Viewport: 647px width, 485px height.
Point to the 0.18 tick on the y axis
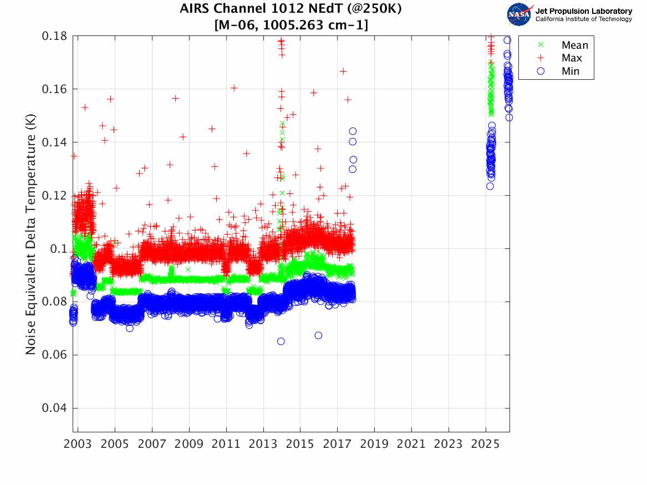click(54, 36)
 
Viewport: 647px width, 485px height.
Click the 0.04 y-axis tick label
click(54, 408)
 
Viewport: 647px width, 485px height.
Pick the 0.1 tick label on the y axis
click(58, 249)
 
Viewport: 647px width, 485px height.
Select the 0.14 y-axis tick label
click(54, 142)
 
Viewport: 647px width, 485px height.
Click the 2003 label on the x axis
click(78, 444)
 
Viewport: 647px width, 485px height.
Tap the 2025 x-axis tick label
click(485, 444)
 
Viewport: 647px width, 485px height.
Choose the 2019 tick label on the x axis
click(374, 444)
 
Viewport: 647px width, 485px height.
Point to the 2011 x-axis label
click(226, 444)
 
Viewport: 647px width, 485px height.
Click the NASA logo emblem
click(520, 14)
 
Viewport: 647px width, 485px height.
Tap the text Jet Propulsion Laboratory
click(583, 11)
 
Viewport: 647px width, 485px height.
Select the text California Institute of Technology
click(583, 19)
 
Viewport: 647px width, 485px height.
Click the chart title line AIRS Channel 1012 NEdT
click(291, 9)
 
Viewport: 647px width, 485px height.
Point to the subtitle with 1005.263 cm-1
click(291, 25)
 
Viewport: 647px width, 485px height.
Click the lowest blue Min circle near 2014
click(281, 341)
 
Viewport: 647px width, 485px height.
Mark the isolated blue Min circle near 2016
click(319, 336)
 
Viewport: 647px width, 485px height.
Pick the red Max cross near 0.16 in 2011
click(234, 88)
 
